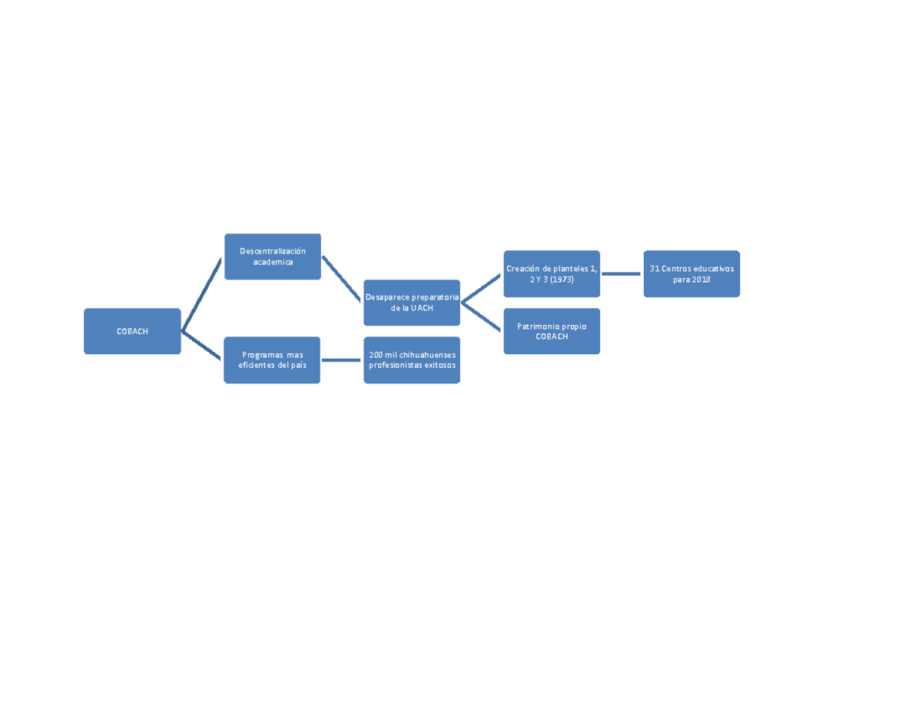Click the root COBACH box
(x=132, y=331)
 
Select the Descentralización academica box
(x=273, y=257)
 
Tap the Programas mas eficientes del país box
(x=272, y=360)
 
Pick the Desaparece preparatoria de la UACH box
(x=412, y=303)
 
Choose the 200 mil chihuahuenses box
(x=412, y=360)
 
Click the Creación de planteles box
(x=552, y=274)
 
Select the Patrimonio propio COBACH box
(x=552, y=331)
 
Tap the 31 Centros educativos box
(x=691, y=274)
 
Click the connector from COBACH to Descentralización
(x=201, y=294)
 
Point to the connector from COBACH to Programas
(x=201, y=345)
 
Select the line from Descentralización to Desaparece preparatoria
(x=341, y=279)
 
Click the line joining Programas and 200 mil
(x=341, y=360)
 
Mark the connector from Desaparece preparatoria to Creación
(x=481, y=288)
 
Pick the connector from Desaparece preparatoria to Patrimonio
(x=481, y=316)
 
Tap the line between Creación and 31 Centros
(x=621, y=274)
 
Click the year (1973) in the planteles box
(x=562, y=280)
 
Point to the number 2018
(x=701, y=280)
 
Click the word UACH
(x=422, y=308)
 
